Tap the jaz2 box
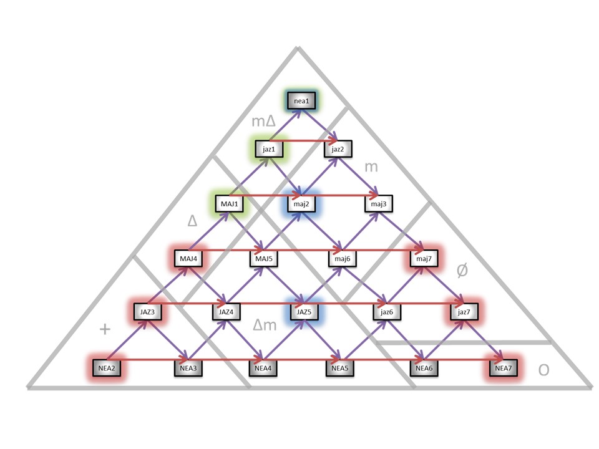tap(338, 149)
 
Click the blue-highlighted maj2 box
tap(302, 203)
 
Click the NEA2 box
tap(107, 368)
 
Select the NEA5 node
tap(340, 368)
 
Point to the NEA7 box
tap(503, 368)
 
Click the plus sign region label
tap(105, 329)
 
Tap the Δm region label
tap(265, 325)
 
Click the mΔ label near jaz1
tap(263, 121)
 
